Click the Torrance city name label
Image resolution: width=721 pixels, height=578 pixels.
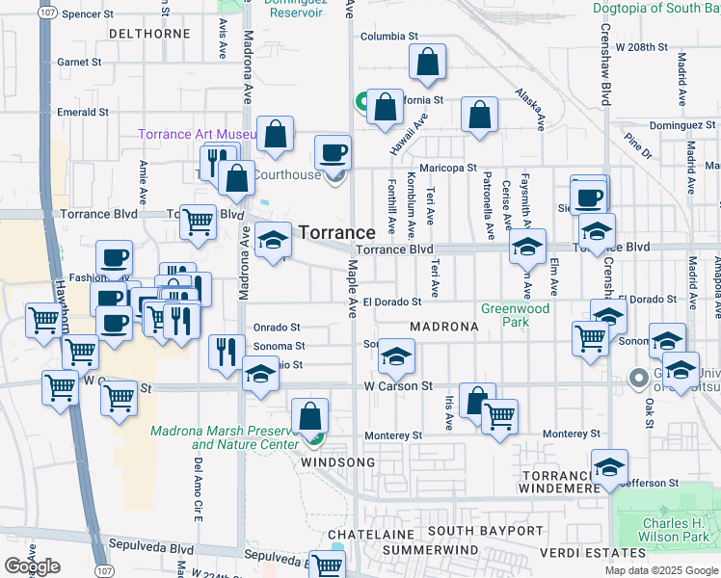click(336, 233)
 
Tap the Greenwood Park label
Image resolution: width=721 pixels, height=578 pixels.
click(516, 315)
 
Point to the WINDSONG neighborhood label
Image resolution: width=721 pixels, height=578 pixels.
click(334, 463)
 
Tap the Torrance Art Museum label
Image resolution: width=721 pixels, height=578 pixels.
click(196, 134)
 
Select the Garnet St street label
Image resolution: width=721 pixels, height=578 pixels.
click(79, 62)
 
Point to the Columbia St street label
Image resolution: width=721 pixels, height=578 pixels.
click(388, 37)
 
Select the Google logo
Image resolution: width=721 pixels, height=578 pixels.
click(33, 566)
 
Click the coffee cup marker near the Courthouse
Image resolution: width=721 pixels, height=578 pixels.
click(334, 153)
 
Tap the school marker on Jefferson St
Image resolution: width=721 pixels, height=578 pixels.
click(609, 468)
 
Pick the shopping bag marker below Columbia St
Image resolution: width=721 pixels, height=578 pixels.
click(427, 63)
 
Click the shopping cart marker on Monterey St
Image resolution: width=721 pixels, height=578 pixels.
click(499, 417)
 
